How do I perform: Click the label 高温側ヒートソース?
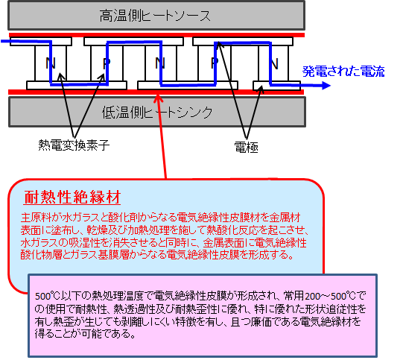coord(155,16)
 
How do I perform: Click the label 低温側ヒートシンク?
coord(157,113)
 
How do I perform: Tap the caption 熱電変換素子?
coord(74,145)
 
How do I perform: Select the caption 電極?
coord(246,148)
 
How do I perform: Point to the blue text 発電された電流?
coord(343,72)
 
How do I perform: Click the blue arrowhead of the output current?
coord(326,86)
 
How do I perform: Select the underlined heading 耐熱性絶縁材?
coord(72,198)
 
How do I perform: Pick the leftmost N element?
coord(51,63)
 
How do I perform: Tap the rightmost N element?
coord(273,63)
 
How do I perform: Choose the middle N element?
coord(161,63)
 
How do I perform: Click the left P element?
coord(107,63)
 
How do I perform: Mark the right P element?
coord(215,63)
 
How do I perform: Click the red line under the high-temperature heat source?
coord(156,35)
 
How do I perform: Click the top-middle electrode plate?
coord(133,42)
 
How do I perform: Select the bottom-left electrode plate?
coord(77,86)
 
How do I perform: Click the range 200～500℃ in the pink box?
coord(330,296)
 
